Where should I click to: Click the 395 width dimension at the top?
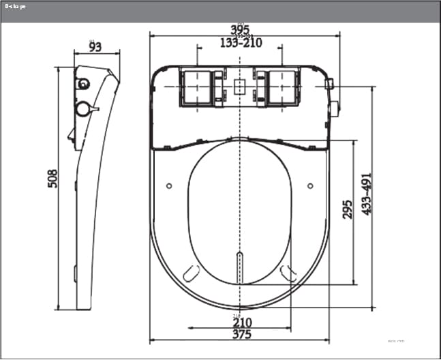240,29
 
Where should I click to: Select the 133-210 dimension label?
241,43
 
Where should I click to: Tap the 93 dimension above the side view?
95,46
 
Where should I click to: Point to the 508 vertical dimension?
52,179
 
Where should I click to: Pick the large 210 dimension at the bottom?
242,322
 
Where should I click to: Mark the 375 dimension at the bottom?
241,334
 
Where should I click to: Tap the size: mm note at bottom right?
395,340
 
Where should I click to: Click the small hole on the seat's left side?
169,185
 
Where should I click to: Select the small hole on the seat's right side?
311,185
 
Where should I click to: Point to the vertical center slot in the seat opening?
239,267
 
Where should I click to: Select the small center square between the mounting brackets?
239,87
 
